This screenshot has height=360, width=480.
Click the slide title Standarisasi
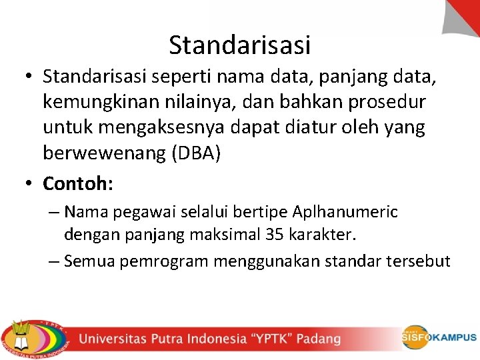pos(240,45)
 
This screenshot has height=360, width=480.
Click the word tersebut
pos(418,261)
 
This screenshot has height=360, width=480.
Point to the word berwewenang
pos(105,153)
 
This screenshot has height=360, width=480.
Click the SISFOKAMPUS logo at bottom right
pos(439,337)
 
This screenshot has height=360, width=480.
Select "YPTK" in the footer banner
pos(271,339)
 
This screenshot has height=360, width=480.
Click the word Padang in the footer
pos(319,339)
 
